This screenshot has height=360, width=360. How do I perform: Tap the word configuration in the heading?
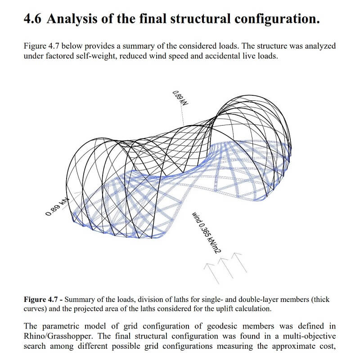click(274, 19)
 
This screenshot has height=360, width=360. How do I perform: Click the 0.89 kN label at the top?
click(180, 98)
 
